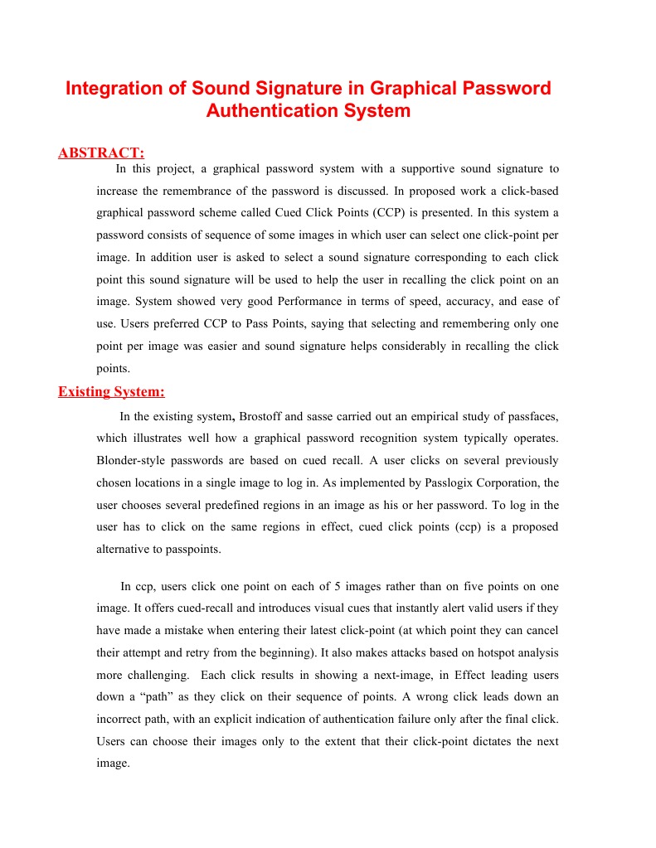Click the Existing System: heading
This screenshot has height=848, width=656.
[111, 392]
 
